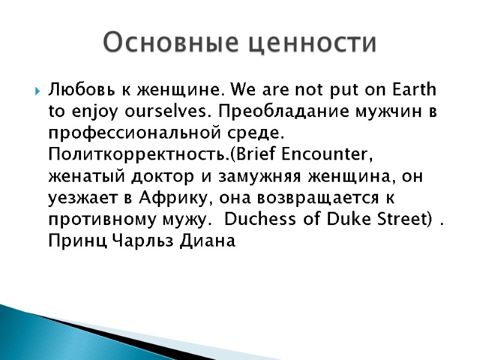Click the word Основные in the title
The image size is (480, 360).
(170, 43)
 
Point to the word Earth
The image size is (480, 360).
(413, 91)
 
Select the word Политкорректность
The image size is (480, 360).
(139, 154)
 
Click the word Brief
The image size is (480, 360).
(257, 154)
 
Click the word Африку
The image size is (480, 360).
(174, 197)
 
